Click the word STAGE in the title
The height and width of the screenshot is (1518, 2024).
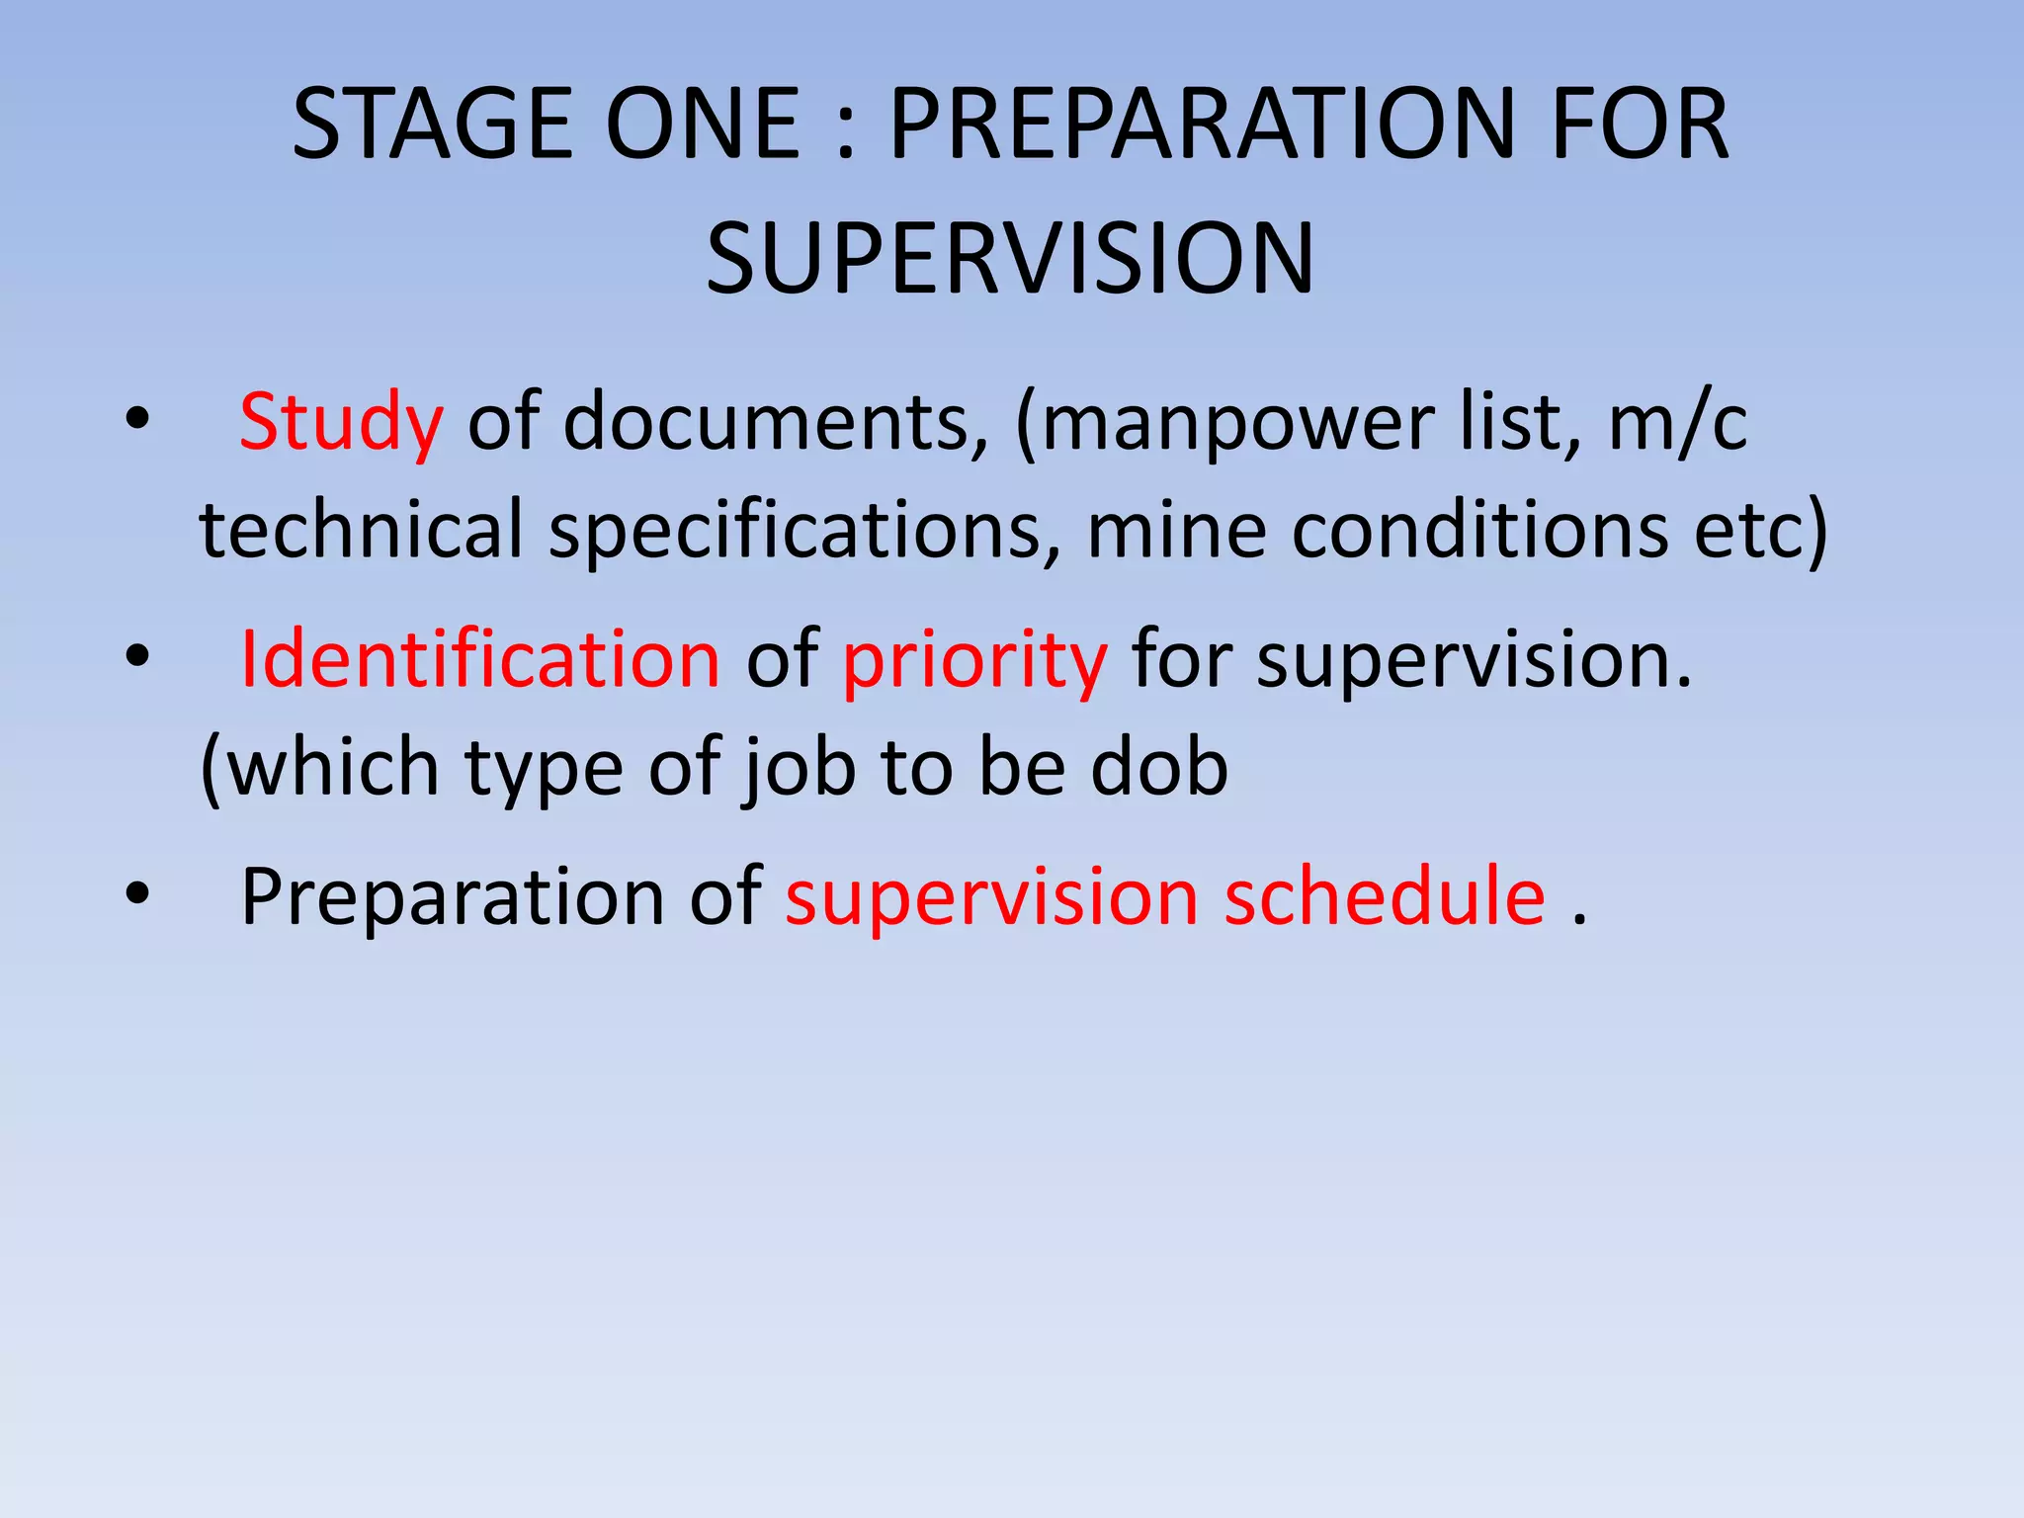(x=432, y=124)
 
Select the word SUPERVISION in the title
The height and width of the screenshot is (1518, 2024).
(x=1010, y=259)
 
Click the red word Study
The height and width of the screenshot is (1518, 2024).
(x=341, y=423)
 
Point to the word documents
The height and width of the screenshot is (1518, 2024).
(x=776, y=423)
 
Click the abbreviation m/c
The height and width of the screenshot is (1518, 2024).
(x=1678, y=423)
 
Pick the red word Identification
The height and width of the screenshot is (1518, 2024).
(x=480, y=659)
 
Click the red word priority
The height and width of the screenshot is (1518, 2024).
(x=974, y=659)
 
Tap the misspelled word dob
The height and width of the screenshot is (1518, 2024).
(x=1159, y=767)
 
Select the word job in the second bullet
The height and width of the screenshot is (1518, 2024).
(x=799, y=767)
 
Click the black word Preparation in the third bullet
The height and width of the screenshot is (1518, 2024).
(x=453, y=896)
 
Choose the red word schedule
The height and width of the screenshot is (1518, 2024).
(x=1385, y=896)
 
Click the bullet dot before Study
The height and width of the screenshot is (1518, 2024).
(x=137, y=420)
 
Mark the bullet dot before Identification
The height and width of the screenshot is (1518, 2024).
(x=137, y=655)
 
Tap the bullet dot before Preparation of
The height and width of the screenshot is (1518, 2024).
(x=137, y=892)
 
